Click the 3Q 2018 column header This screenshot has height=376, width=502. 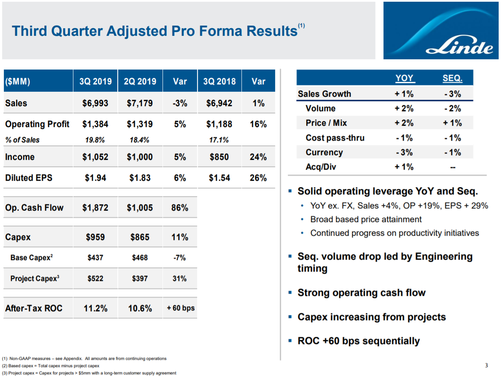pos(219,81)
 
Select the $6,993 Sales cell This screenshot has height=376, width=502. pos(95,103)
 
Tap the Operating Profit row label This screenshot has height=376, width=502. pos(37,124)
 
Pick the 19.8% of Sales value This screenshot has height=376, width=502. pos(95,140)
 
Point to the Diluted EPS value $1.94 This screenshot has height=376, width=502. pos(95,178)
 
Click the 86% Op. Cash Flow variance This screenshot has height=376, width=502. pos(180,208)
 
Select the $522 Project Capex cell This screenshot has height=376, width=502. pos(95,278)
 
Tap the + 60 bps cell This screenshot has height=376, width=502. pos(180,308)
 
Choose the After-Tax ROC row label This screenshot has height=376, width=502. pos(34,308)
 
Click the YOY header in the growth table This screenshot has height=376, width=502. pos(404,78)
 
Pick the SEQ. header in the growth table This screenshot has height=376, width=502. pos(453,78)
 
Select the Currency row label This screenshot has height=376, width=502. pos(324,152)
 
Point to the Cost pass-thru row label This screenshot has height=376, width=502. pos(335,138)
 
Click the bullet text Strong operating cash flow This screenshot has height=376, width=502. pos(361,293)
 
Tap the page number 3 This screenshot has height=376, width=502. pos(486,365)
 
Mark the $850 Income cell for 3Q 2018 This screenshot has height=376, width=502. pos(219,157)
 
